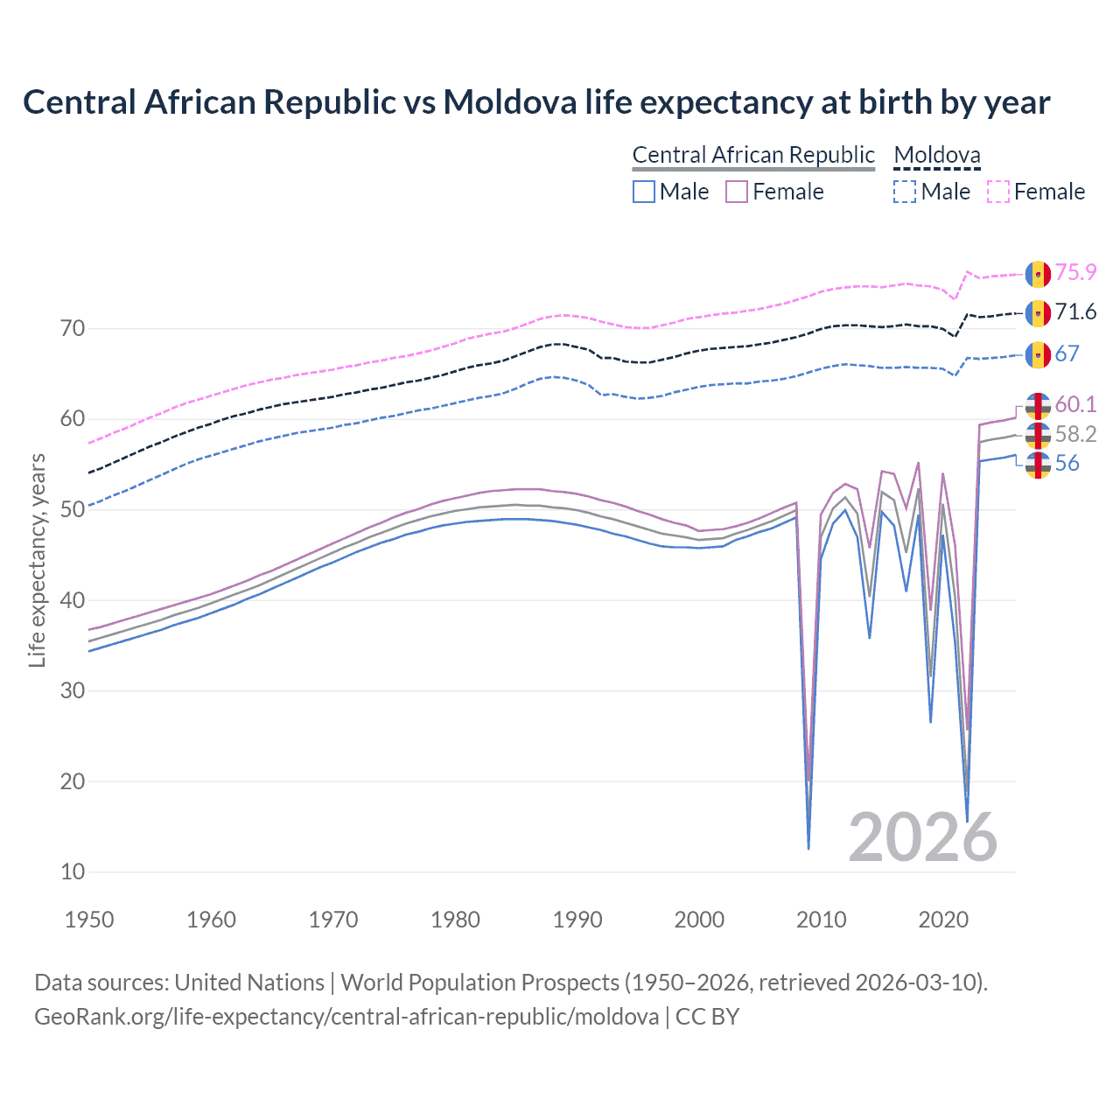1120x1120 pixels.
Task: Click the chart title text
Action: coord(536,102)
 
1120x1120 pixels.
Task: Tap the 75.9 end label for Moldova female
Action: coord(1075,273)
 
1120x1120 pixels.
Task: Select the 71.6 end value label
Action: coord(1075,312)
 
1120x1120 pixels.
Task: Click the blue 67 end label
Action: coord(1067,353)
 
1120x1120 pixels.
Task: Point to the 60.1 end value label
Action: coord(1075,404)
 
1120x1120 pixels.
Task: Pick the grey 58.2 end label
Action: coord(1075,434)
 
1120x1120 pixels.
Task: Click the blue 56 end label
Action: coord(1067,464)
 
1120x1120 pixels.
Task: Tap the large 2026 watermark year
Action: coord(922,837)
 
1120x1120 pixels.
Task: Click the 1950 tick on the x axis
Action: coord(89,920)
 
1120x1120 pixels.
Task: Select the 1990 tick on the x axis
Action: coord(577,920)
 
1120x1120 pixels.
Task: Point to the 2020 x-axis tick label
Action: coord(943,920)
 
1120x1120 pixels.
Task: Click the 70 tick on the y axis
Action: coord(73,329)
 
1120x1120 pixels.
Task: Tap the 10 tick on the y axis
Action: coord(73,871)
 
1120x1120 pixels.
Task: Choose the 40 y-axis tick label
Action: coord(73,600)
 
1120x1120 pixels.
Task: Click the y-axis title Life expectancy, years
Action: coord(38,560)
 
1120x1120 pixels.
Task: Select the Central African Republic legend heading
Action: coord(753,155)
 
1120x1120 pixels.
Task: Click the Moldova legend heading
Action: coord(937,155)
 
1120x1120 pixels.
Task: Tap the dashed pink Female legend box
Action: coord(998,192)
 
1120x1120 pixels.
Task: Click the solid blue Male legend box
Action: coord(644,192)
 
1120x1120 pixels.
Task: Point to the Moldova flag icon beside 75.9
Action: coord(1038,274)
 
